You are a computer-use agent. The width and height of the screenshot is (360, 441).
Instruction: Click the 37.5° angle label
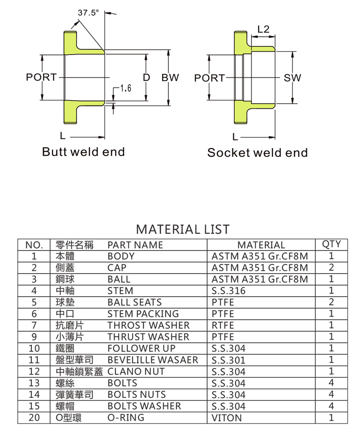(88, 13)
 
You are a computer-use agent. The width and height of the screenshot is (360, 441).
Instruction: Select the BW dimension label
(170, 77)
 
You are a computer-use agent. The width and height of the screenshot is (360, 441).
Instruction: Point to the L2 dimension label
(263, 29)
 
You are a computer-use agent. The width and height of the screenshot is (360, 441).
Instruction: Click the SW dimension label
(292, 78)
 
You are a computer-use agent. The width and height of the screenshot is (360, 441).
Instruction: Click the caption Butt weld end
(84, 152)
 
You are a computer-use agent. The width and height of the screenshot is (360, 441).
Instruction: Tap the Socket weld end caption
(257, 153)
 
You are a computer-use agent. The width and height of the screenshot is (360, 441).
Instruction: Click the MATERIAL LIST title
(183, 229)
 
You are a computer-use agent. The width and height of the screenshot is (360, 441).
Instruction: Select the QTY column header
(331, 244)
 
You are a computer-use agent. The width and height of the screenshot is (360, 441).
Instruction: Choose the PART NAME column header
(135, 245)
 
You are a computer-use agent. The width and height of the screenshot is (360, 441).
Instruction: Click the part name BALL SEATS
(135, 303)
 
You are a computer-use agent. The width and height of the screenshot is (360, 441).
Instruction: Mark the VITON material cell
(227, 418)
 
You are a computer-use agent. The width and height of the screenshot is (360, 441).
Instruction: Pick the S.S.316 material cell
(229, 291)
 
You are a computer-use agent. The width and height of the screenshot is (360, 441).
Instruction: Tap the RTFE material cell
(223, 326)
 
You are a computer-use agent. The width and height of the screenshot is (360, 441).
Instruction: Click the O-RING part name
(126, 418)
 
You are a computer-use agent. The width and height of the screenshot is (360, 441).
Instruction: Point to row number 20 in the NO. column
(34, 418)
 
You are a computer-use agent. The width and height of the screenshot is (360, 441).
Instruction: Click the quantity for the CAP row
(331, 268)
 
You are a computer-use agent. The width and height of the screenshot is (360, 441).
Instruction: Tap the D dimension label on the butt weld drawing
(146, 77)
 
